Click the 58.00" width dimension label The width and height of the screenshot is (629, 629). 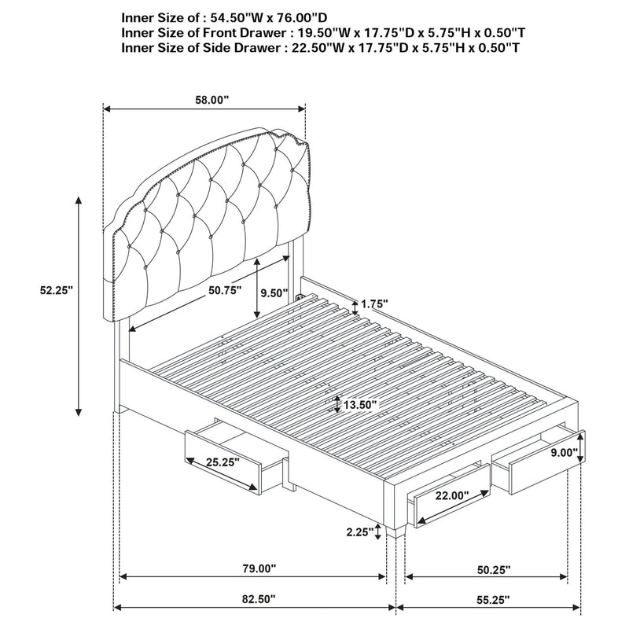(212, 100)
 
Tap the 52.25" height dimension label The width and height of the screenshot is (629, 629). (56, 290)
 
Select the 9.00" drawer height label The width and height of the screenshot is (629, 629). (563, 453)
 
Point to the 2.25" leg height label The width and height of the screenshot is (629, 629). (359, 532)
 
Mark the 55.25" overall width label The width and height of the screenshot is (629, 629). (492, 599)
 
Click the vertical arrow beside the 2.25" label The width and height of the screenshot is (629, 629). (378, 532)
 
